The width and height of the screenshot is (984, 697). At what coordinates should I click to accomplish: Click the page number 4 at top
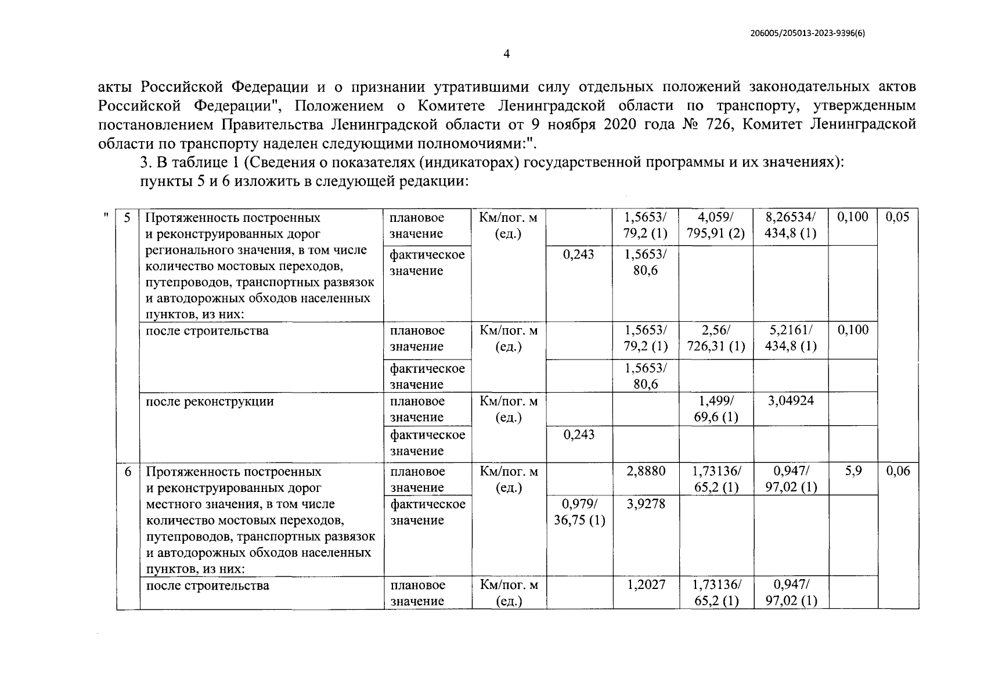[506, 54]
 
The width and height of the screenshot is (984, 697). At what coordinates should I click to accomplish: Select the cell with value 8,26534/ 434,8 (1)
[791, 225]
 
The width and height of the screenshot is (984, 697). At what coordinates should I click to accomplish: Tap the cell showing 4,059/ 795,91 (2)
[716, 225]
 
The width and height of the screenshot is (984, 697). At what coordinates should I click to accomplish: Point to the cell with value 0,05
[898, 217]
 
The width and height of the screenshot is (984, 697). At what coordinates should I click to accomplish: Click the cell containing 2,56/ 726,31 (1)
[716, 339]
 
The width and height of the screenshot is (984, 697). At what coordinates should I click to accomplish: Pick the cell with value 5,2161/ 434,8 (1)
[791, 339]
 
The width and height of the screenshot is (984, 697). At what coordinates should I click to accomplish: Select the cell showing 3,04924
[791, 401]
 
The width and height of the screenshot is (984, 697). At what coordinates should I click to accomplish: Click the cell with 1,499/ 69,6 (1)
[716, 409]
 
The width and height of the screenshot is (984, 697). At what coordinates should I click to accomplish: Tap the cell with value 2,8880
[646, 471]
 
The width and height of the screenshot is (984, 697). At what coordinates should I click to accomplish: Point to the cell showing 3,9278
[646, 504]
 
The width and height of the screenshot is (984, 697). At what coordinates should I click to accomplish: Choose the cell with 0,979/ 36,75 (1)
[579, 512]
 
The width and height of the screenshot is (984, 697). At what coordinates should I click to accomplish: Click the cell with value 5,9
[853, 471]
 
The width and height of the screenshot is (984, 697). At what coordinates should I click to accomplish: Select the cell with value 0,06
[898, 471]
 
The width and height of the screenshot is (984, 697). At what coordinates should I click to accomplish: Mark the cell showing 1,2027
[646, 585]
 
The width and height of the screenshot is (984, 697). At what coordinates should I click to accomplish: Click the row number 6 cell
[128, 472]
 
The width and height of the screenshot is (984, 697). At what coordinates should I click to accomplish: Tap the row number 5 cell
[128, 218]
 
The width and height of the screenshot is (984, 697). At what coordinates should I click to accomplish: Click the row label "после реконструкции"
[210, 401]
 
